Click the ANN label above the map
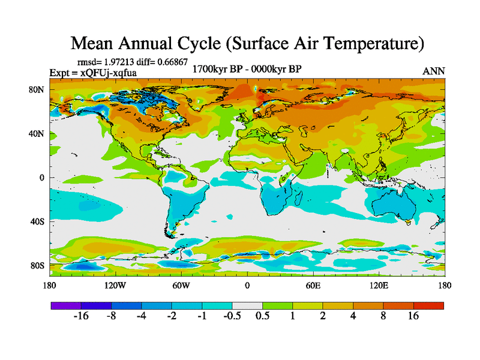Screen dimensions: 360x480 click(x=434, y=71)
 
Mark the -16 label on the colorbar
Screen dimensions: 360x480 click(x=81, y=316)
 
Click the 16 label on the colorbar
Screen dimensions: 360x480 click(x=413, y=316)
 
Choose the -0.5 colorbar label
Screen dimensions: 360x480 click(x=232, y=316)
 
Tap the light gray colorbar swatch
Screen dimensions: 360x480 click(x=247, y=305)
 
